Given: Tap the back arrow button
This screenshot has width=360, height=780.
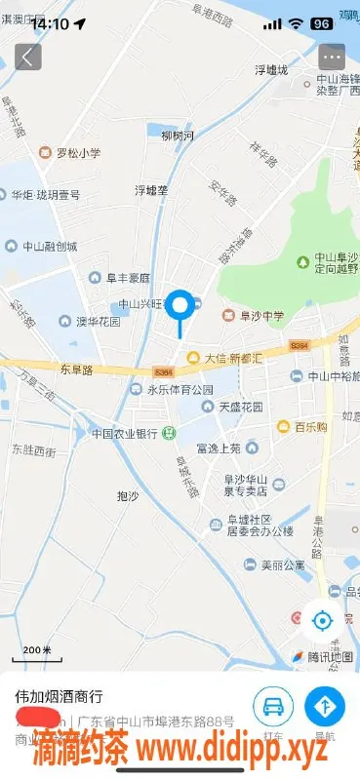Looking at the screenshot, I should coord(27,56).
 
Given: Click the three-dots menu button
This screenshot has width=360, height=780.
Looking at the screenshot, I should coord(333,56).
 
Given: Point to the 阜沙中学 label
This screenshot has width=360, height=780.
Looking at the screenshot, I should coord(257,315).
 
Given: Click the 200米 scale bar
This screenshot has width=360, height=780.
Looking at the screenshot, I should coord(36,650).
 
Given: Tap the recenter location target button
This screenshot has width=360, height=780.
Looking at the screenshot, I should coord(321,619).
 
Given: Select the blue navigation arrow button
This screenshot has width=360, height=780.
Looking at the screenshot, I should coord(325,705).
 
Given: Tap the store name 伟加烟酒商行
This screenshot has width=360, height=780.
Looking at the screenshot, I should coord(59,696).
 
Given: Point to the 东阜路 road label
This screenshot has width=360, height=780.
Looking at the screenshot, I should coord(75,370).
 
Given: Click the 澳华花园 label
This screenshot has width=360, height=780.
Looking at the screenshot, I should coord(91,321).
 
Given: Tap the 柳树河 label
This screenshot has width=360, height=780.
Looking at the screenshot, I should coord(178,136).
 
